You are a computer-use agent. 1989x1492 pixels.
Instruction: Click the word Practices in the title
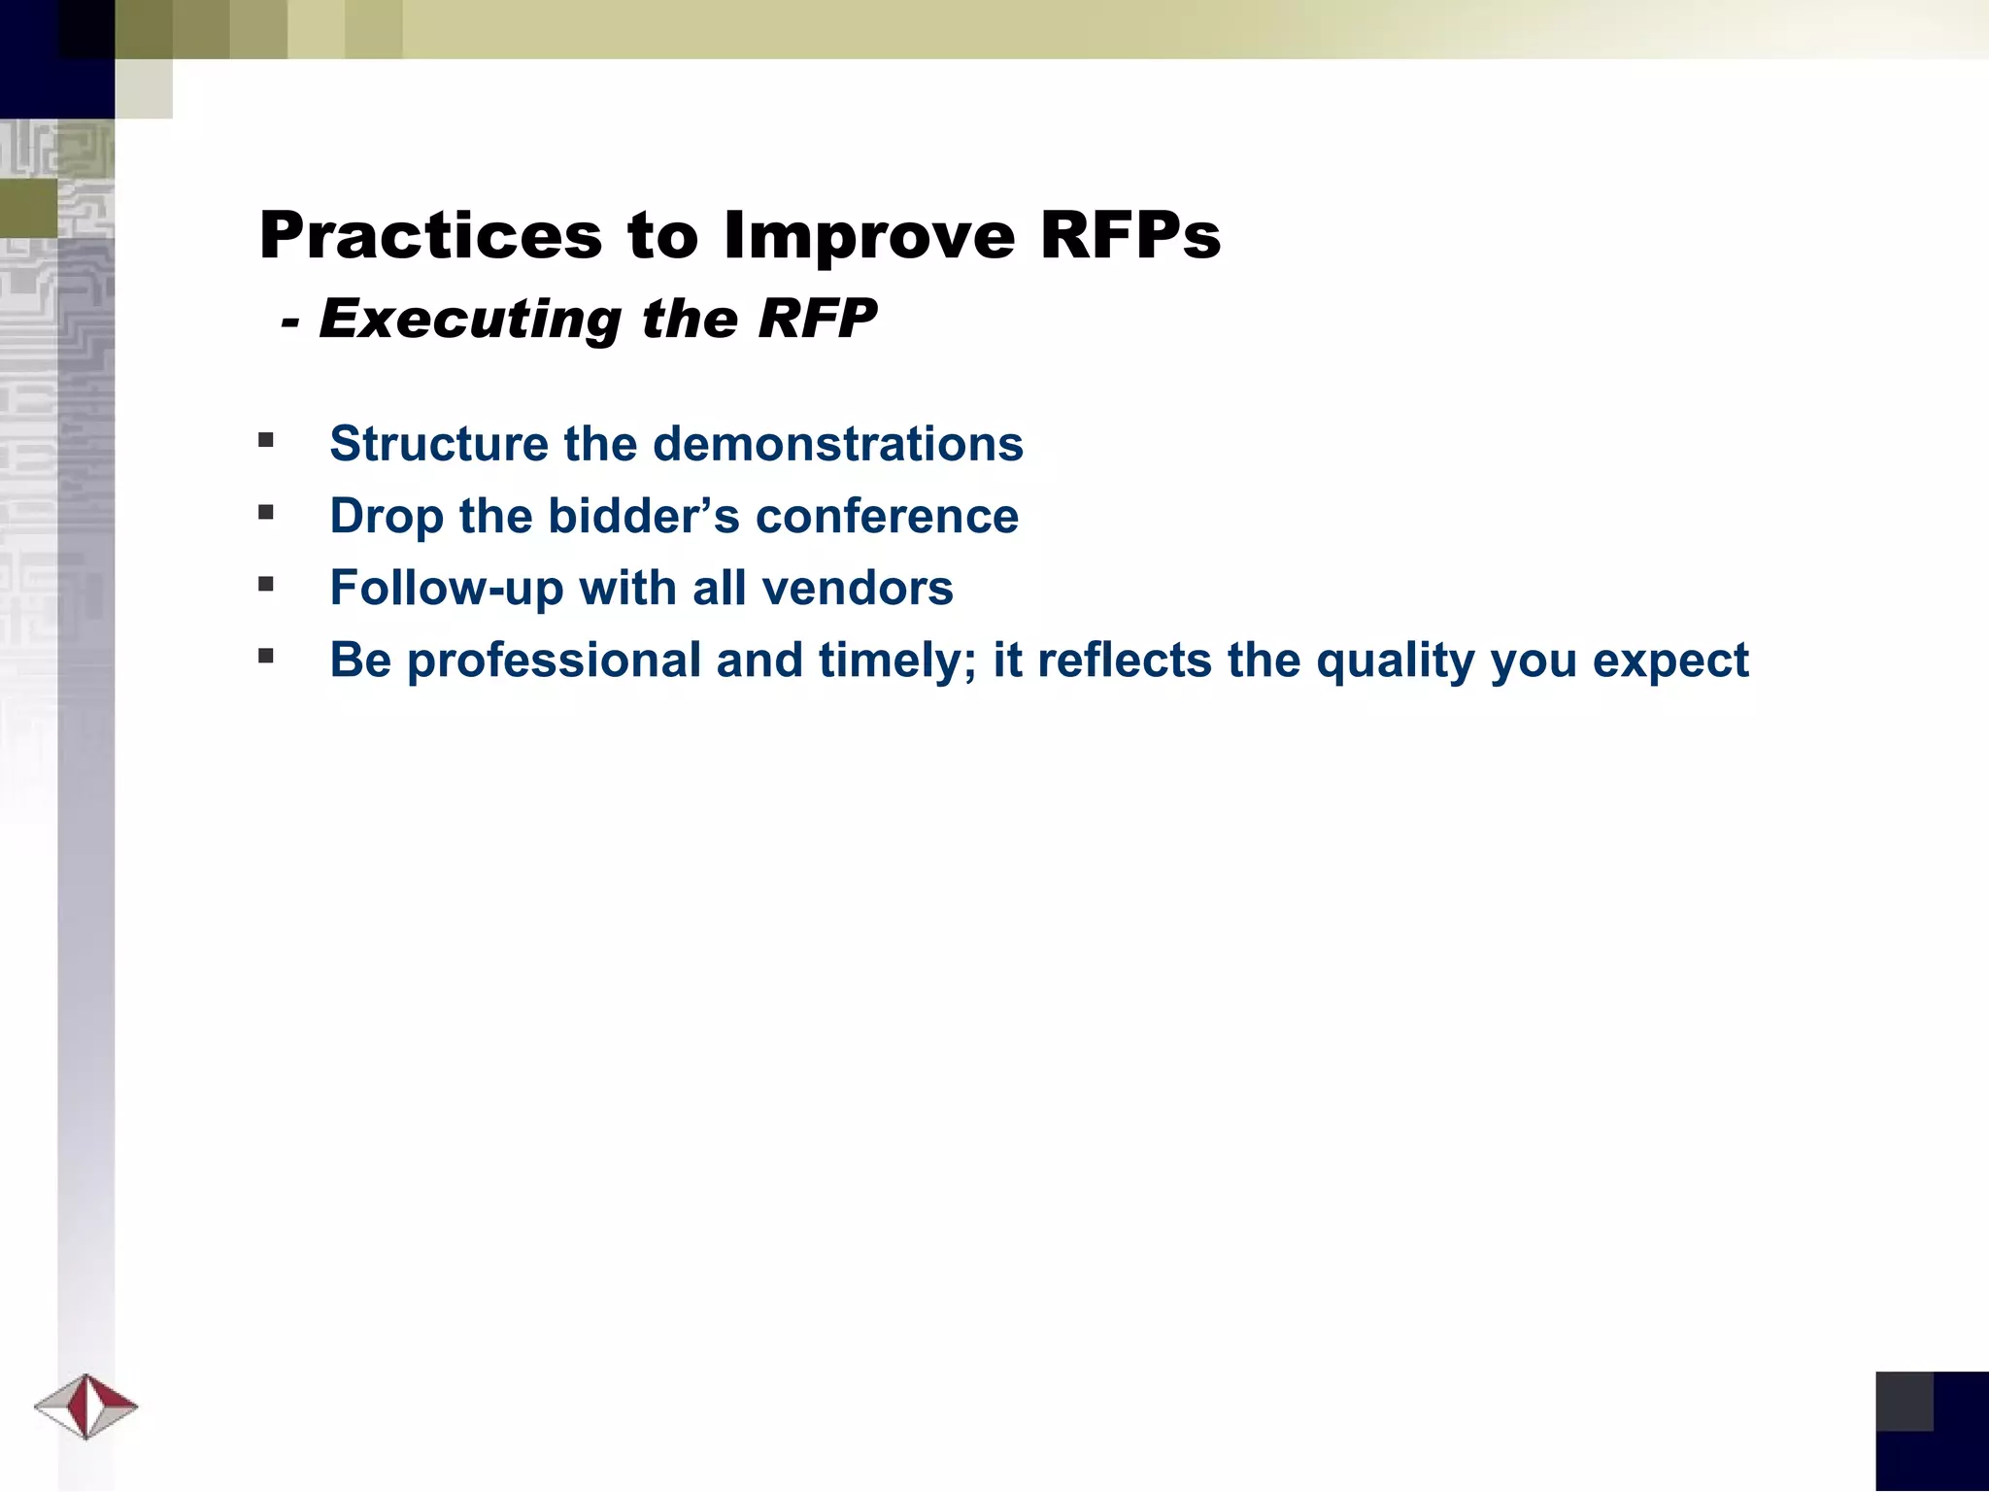(430, 236)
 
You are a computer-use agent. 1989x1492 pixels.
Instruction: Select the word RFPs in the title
(1129, 236)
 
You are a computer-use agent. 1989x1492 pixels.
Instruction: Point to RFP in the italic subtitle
(817, 318)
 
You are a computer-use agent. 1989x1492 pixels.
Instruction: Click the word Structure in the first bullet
(439, 444)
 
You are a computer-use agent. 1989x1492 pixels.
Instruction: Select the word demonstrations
(837, 444)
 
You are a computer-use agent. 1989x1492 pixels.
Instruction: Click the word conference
(887, 516)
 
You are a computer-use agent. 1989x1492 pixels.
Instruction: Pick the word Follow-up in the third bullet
(446, 588)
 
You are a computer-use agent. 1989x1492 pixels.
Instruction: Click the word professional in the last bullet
(554, 661)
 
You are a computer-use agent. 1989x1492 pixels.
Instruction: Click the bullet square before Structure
(266, 441)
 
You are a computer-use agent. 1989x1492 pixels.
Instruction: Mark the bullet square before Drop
(266, 513)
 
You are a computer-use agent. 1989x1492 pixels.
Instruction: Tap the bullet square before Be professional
(266, 657)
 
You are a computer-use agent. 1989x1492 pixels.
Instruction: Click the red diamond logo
(86, 1406)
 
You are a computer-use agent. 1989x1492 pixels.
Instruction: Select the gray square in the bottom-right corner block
(1904, 1401)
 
